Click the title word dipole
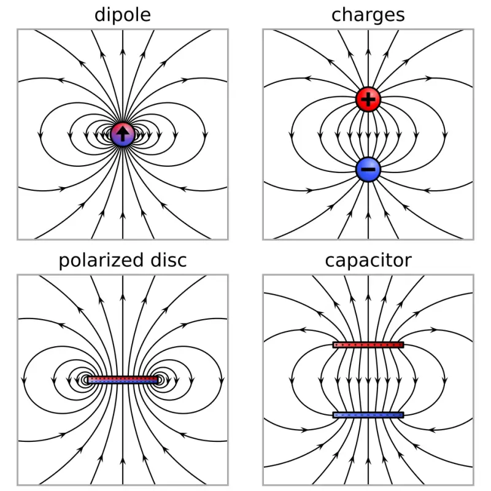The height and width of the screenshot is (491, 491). (x=123, y=15)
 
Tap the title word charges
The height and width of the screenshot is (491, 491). (x=368, y=15)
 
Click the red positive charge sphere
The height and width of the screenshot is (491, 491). (x=368, y=99)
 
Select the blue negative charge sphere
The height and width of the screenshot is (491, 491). (x=368, y=169)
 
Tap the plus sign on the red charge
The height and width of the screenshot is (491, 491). (x=368, y=99)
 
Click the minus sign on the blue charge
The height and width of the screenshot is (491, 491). (x=368, y=169)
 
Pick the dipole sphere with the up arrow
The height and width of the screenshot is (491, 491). (x=123, y=134)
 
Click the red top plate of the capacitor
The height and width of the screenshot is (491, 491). (x=368, y=345)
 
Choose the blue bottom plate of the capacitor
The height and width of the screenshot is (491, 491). (x=368, y=415)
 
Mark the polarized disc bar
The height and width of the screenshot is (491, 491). (x=123, y=380)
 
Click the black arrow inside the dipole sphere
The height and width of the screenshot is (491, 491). (x=123, y=134)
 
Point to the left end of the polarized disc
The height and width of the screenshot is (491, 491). (x=88, y=380)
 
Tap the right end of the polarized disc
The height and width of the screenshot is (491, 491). (x=158, y=380)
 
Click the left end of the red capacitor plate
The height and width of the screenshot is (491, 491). (x=333, y=345)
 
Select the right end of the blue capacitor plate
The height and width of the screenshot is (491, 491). (x=403, y=415)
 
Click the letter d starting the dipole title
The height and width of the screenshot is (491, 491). (x=100, y=15)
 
